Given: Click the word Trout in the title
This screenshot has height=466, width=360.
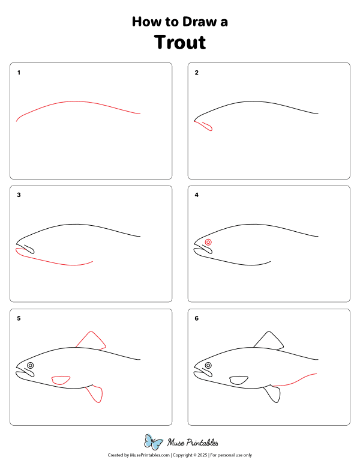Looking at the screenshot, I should coord(179,43).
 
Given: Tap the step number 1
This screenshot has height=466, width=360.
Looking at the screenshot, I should coord(19,73).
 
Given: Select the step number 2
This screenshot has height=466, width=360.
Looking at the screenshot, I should coord(196,73).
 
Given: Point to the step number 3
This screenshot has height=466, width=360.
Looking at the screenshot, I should coord(19,195).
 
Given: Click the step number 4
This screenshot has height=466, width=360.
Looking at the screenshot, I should coord(196,195).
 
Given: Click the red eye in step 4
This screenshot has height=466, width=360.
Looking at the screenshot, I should coord(208,242).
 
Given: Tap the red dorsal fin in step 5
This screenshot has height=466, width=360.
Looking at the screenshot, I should coord(92,340).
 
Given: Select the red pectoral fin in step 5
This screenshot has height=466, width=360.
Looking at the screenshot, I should coord(61,380).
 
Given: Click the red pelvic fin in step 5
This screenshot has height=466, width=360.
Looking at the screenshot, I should coord(95,394).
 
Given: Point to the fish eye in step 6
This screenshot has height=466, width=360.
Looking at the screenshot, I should coord(208,365).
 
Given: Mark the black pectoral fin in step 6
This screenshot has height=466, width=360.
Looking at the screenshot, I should coord(239,380).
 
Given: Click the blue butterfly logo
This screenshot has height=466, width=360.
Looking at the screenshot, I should coord(154,443).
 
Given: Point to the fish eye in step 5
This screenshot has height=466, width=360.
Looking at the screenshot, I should coord(30,365).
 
